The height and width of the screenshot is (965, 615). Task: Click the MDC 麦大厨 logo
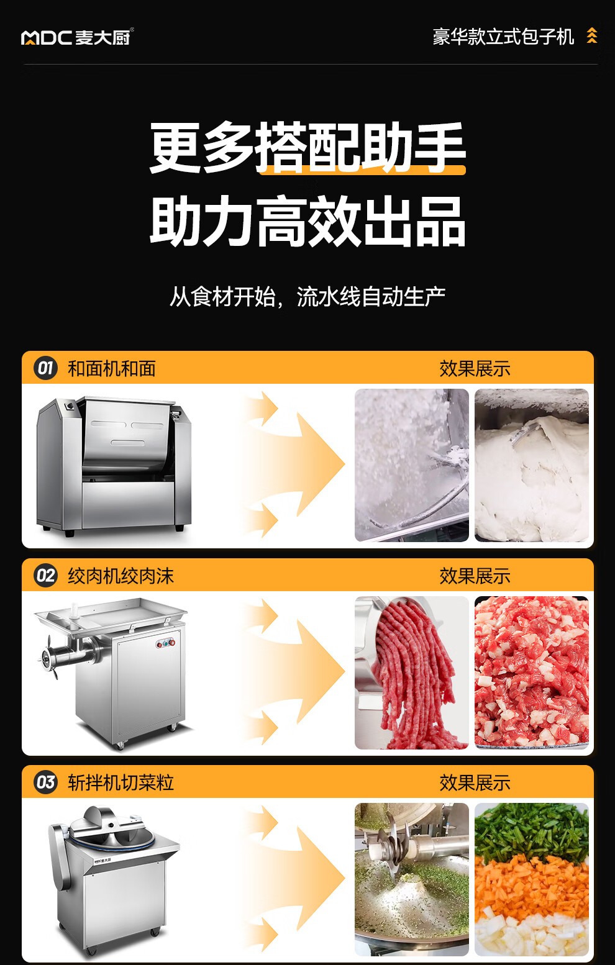tap(77, 37)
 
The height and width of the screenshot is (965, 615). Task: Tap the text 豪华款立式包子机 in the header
tap(503, 37)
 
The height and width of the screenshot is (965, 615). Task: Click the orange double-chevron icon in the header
tap(592, 36)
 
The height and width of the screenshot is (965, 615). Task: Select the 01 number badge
tap(45, 368)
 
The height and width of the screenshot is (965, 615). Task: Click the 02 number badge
tap(45, 576)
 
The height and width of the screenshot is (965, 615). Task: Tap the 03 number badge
tap(45, 782)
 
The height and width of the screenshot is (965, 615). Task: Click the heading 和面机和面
tap(112, 369)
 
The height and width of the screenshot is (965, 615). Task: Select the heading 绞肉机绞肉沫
tap(121, 576)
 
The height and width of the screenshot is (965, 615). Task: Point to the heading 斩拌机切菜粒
tap(121, 782)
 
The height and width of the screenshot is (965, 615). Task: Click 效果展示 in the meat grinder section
tap(475, 576)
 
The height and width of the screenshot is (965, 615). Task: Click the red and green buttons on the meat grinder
tap(165, 643)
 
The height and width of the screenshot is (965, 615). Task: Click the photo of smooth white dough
tap(531, 465)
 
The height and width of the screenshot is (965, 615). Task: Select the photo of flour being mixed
tap(412, 465)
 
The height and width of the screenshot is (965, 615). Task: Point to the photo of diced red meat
tap(531, 673)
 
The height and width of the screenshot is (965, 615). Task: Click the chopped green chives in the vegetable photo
tap(531, 827)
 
